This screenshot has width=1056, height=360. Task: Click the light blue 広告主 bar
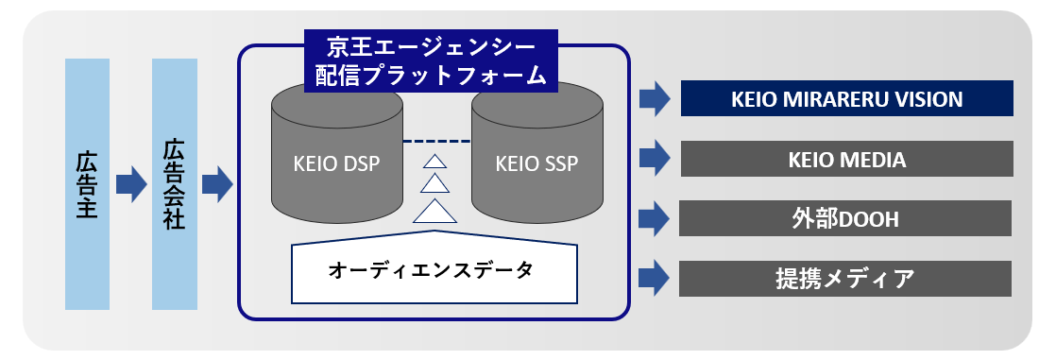[x=87, y=184]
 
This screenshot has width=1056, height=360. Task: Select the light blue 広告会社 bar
[x=175, y=184]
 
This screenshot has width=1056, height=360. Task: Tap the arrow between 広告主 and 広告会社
[x=130, y=184]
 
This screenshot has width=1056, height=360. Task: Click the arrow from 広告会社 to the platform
[x=217, y=184]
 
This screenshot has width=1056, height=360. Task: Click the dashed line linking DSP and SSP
[x=436, y=142]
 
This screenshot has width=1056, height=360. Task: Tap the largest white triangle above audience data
[x=435, y=211]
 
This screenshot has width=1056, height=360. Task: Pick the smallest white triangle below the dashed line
[x=435, y=162]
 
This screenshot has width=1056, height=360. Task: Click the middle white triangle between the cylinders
[x=435, y=184]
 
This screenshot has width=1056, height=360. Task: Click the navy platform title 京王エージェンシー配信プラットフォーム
[x=431, y=60]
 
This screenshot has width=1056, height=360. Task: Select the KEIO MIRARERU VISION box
[x=846, y=98]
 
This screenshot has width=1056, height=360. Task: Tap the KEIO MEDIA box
[x=846, y=159]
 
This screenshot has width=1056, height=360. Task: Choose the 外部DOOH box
[x=845, y=218]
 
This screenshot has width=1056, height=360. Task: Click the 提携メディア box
[x=845, y=279]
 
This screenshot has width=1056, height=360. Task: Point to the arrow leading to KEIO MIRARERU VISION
[x=654, y=98]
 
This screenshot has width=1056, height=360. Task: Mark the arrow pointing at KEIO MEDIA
[x=654, y=159]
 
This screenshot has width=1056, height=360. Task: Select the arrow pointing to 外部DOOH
[x=654, y=218]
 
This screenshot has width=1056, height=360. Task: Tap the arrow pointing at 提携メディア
[x=654, y=279]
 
